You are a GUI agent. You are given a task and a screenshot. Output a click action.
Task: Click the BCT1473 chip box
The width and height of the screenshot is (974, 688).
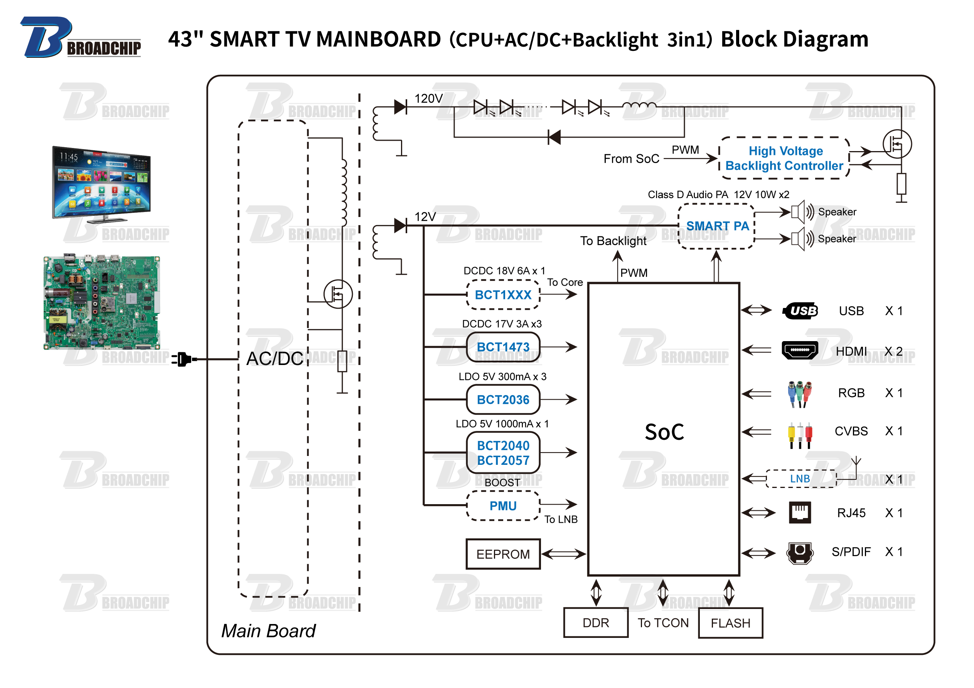tap(503, 347)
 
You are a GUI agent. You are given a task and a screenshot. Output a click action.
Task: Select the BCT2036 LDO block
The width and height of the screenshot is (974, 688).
tap(503, 400)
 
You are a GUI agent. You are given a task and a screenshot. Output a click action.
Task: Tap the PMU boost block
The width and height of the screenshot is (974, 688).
tap(503, 506)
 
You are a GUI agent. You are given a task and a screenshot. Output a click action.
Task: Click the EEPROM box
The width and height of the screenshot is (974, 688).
tap(503, 554)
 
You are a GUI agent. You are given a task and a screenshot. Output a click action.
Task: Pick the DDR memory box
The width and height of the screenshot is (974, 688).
tap(596, 623)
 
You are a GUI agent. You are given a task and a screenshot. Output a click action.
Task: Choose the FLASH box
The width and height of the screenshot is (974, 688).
tap(730, 623)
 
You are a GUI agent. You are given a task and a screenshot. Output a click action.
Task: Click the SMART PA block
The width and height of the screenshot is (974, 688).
tap(717, 226)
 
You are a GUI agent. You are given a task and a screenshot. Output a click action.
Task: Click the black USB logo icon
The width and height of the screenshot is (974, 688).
tap(800, 311)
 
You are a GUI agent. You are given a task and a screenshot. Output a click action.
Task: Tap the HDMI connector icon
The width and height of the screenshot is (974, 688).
tap(800, 350)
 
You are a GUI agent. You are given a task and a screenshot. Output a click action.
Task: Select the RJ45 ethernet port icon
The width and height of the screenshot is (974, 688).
tap(800, 512)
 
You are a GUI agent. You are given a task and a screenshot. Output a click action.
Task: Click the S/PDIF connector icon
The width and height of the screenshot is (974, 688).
tap(800, 552)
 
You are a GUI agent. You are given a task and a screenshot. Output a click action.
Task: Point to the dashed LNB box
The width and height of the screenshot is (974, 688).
tap(800, 478)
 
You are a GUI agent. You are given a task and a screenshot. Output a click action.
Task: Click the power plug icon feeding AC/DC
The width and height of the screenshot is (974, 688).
tap(183, 359)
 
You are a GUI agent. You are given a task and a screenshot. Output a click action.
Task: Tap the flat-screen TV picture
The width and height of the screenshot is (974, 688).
tap(101, 185)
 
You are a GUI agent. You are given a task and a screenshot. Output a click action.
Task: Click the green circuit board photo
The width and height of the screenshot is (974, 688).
tap(102, 303)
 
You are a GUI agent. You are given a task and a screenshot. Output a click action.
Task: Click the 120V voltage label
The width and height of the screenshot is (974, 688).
tap(428, 99)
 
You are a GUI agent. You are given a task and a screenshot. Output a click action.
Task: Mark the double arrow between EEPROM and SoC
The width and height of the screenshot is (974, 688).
tap(564, 554)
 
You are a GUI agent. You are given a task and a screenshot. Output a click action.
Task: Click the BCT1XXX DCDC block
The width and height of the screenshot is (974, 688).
tap(503, 295)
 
